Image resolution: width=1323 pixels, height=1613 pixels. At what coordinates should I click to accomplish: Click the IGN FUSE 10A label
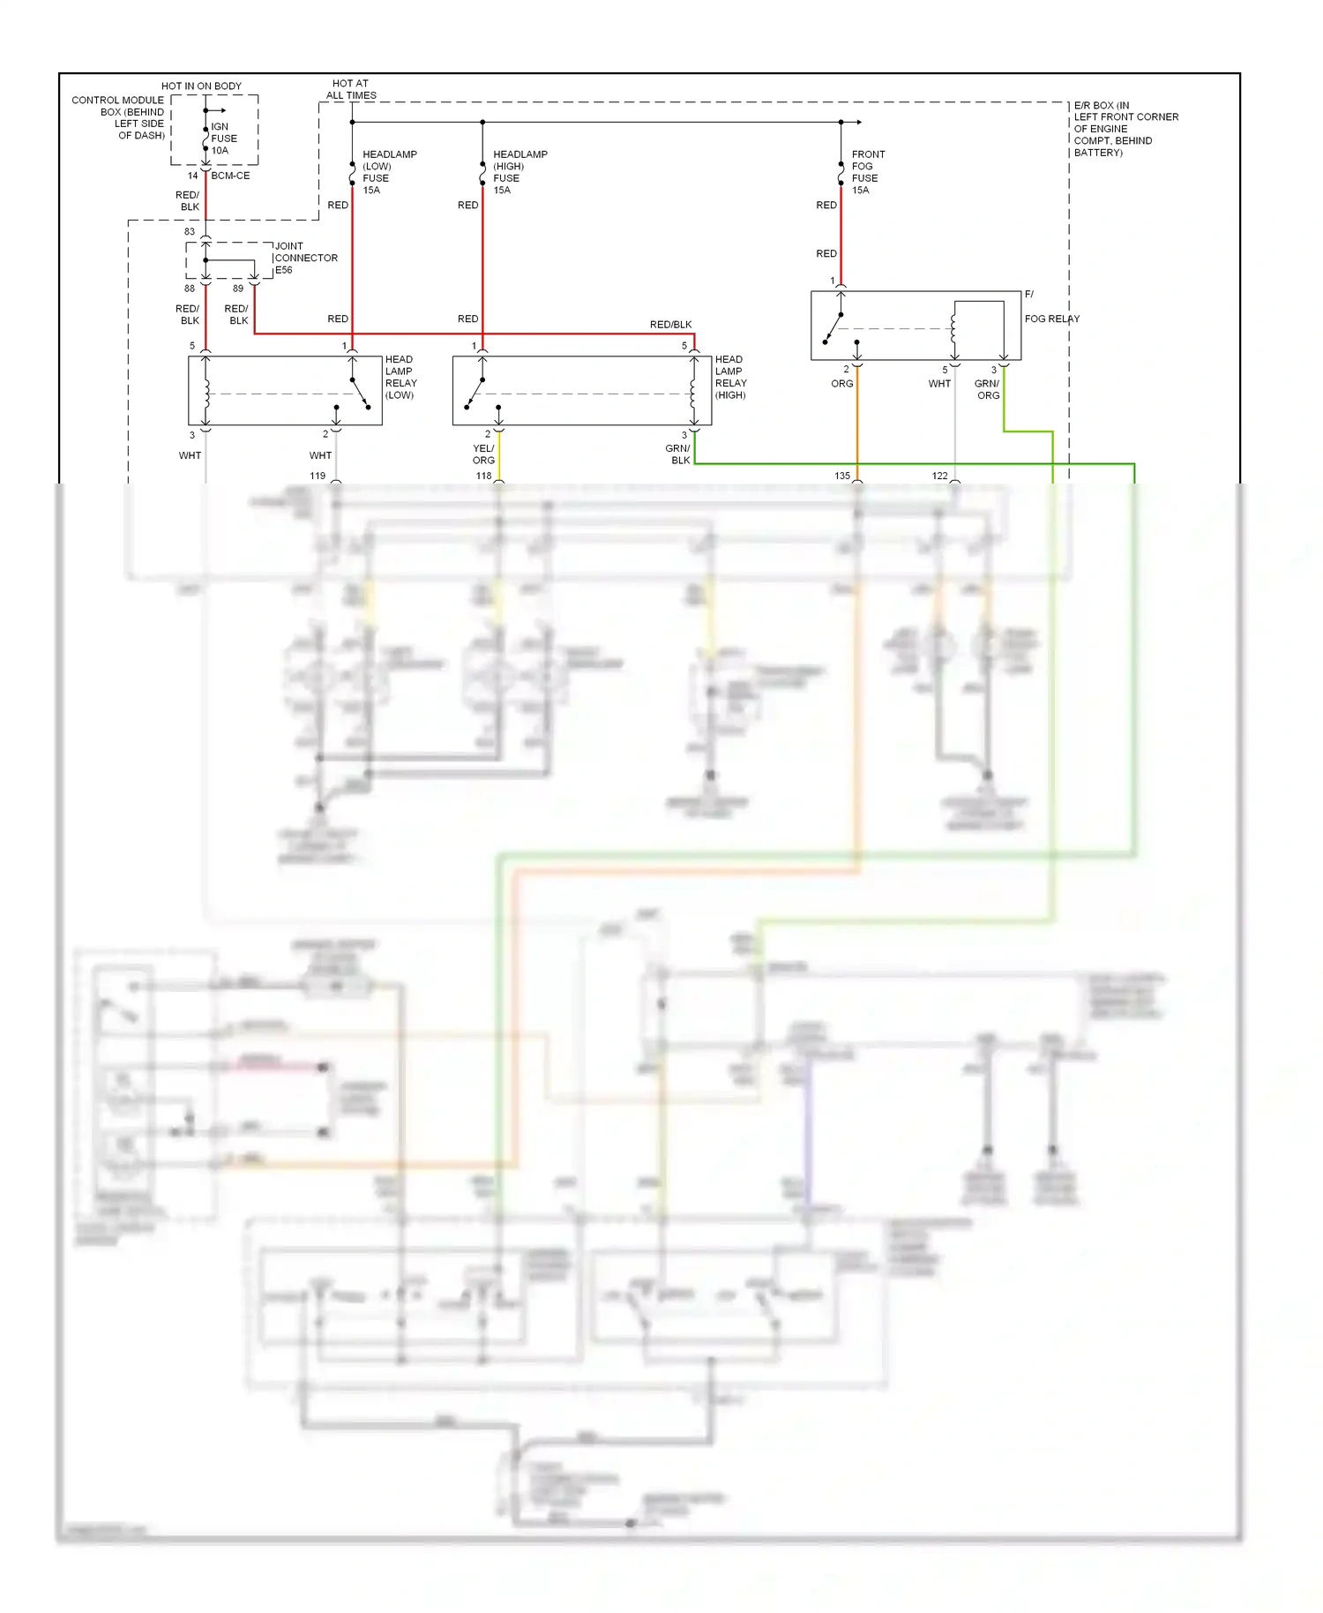click(x=223, y=139)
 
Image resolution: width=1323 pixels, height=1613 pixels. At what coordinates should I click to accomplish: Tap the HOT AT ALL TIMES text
click(x=351, y=89)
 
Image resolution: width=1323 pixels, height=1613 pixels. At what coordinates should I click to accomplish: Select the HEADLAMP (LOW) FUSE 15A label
click(x=389, y=172)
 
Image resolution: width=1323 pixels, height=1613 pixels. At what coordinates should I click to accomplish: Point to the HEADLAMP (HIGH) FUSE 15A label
click(x=519, y=172)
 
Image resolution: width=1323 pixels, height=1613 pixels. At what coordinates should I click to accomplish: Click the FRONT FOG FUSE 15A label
click(x=867, y=172)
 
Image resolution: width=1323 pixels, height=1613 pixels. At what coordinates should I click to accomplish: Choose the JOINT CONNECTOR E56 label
click(x=305, y=258)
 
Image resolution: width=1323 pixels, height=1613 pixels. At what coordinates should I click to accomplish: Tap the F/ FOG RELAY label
click(x=1050, y=307)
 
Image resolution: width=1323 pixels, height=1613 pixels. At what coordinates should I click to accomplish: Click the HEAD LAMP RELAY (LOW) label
click(x=400, y=377)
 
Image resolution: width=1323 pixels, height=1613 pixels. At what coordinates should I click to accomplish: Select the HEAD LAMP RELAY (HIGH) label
click(x=730, y=377)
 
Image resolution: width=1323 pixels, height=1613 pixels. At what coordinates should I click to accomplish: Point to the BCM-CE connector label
click(x=230, y=176)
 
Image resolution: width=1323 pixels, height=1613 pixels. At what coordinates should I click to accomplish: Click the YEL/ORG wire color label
click(x=483, y=454)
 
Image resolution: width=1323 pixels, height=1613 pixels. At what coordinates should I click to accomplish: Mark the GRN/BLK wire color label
click(x=678, y=454)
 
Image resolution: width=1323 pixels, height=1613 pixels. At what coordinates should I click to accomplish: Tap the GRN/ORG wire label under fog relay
click(x=987, y=389)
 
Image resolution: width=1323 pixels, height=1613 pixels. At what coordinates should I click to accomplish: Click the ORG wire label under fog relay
click(x=841, y=384)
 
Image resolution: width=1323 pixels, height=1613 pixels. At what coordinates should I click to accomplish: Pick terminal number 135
click(x=841, y=476)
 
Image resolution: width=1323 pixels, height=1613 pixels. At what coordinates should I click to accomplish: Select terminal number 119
click(x=318, y=476)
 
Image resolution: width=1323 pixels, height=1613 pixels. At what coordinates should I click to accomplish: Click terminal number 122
click(x=939, y=476)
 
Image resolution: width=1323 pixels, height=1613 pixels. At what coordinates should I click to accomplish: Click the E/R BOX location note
click(x=1125, y=129)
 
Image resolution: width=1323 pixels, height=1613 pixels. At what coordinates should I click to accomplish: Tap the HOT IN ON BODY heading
click(x=201, y=86)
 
